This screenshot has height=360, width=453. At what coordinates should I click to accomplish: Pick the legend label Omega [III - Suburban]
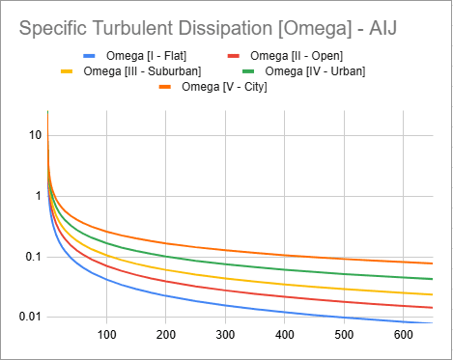tap(144, 70)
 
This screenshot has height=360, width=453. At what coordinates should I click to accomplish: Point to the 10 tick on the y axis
tap(35, 135)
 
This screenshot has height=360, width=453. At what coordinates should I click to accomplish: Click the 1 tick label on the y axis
tap(39, 196)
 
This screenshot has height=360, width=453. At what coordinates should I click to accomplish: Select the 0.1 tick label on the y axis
tap(33, 257)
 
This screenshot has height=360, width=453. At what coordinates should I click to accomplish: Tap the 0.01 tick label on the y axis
tap(29, 318)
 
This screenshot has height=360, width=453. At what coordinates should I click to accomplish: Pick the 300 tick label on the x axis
tap(224, 335)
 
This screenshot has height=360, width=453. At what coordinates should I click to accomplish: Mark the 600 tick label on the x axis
tap(402, 335)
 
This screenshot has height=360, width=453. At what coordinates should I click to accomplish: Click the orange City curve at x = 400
tap(284, 255)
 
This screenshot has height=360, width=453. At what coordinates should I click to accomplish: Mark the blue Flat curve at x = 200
tap(165, 296)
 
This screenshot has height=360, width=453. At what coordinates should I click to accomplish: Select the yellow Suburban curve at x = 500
tap(343, 288)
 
